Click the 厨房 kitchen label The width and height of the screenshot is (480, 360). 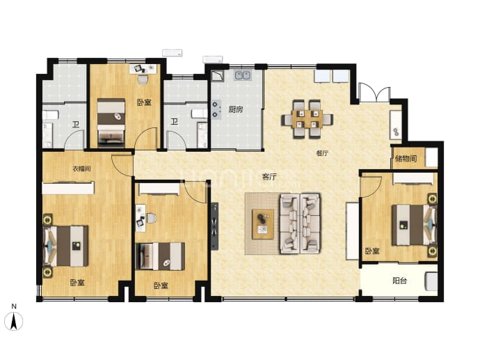236,109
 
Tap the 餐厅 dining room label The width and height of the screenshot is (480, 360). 322,153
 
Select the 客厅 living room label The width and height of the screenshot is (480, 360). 269,177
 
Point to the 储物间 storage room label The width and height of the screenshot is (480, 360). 406,158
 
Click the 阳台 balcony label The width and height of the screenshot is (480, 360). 399,281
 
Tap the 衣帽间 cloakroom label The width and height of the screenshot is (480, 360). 81,169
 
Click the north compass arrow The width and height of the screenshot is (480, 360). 13,322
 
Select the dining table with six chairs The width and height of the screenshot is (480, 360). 307,119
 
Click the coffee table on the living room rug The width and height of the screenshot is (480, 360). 263,224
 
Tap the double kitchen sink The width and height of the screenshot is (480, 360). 243,75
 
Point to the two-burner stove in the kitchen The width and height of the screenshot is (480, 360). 216,110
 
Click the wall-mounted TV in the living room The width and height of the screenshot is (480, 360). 214,226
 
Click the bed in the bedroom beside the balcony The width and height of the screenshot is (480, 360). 414,225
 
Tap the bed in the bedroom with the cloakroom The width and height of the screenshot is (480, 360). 66,246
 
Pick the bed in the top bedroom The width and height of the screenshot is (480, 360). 111,123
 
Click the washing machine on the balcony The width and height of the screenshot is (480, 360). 431,281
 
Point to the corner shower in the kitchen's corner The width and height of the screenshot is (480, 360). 217,75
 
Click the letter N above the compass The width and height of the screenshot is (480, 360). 14,306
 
